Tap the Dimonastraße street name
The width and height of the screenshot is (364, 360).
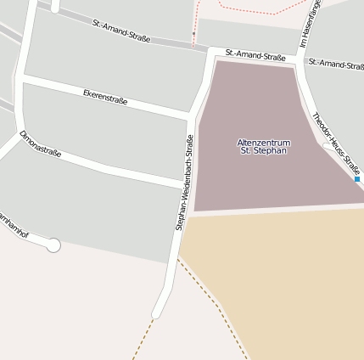click(41, 144)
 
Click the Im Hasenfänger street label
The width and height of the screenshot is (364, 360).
click(305, 25)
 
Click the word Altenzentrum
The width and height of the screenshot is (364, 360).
click(263, 142)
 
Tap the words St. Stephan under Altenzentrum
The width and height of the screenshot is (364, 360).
click(263, 151)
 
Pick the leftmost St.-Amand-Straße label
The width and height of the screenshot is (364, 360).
click(121, 31)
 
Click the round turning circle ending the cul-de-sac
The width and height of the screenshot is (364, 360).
click(53, 245)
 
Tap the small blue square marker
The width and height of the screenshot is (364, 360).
click(357, 179)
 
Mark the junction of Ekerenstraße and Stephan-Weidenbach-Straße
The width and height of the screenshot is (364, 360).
click(190, 115)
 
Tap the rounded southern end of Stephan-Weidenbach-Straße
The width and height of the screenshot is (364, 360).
click(156, 313)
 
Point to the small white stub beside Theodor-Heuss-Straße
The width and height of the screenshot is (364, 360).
click(328, 147)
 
